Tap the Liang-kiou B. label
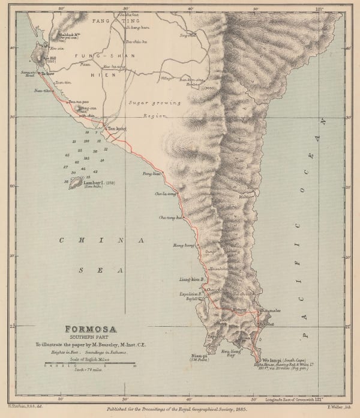point(192,279)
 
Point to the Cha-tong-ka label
point(170,217)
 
